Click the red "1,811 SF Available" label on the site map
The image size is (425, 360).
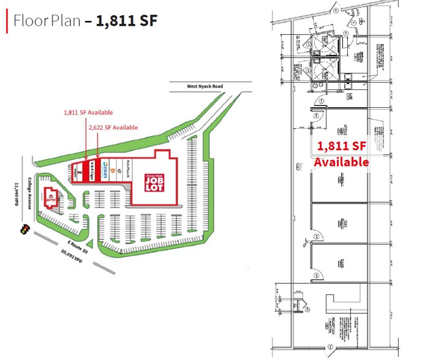tap(88, 113)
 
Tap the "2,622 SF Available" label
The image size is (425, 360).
tap(113, 127)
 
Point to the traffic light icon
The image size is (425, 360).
tap(25, 230)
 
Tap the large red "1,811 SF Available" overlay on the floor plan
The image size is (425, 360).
tap(341, 154)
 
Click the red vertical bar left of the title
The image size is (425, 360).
tap(7, 21)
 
